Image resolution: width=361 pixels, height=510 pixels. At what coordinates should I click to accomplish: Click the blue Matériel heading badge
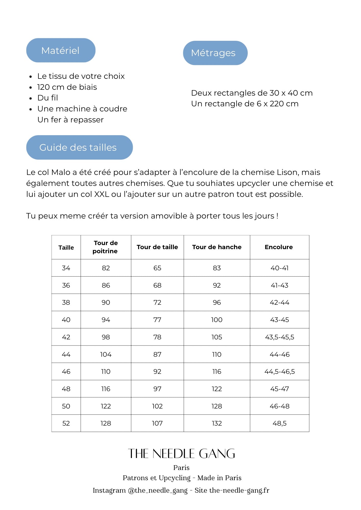[x=61, y=50]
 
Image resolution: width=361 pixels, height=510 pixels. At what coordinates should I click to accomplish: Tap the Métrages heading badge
[x=215, y=53]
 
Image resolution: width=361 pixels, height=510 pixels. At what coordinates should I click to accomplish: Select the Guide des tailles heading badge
[x=79, y=147]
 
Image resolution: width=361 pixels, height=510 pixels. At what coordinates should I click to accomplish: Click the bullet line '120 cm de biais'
[x=67, y=87]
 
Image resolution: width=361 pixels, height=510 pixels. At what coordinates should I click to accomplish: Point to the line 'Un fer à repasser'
[x=70, y=120]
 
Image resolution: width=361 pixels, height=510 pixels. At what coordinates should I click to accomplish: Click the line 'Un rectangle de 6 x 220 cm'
[x=245, y=104]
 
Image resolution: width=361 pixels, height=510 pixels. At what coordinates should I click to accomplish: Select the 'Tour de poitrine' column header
[x=106, y=247]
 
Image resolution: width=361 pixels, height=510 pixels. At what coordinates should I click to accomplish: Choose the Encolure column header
[x=279, y=247]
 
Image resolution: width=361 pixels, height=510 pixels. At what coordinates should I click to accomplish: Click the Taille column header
[x=66, y=247]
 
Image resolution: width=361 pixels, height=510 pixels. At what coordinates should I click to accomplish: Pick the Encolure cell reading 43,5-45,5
[x=280, y=337]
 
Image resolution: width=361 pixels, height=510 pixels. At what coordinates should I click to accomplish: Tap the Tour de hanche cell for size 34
[x=217, y=268]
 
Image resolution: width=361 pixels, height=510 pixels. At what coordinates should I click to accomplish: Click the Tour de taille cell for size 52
[x=157, y=423]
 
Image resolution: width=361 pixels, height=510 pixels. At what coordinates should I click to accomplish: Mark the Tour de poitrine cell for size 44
[x=106, y=354]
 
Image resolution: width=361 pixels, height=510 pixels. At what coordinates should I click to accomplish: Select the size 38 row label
[x=66, y=302]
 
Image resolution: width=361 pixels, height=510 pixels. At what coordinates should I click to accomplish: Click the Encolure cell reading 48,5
[x=280, y=423]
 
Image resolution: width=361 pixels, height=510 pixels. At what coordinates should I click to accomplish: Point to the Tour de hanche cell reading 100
[x=217, y=320]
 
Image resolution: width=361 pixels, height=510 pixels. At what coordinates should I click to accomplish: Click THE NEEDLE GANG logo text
[x=181, y=454]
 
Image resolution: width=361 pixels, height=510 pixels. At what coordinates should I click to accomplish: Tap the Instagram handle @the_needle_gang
[x=158, y=490]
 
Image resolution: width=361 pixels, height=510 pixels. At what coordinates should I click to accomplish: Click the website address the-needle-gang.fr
[x=239, y=490]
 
